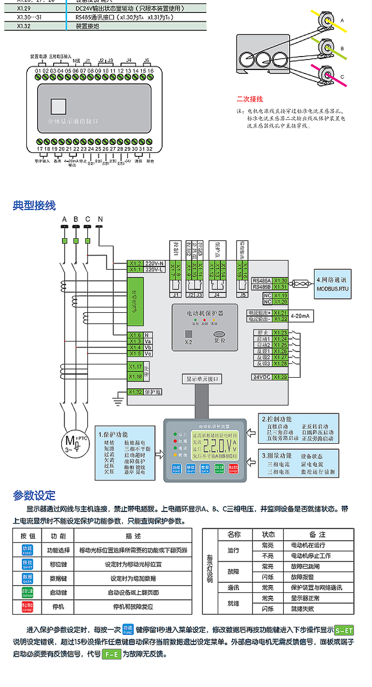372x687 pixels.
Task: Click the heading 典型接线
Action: pos(34,206)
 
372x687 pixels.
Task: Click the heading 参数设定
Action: pos(34,495)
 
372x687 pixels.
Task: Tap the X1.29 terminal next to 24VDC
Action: pos(281,377)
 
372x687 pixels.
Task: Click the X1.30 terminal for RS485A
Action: pos(281,280)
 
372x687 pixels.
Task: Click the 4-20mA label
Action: pos(301,316)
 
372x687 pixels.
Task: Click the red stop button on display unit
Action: pos(234,468)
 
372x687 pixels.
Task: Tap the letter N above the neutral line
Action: pos(100,219)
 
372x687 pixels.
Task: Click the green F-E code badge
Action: pos(112,654)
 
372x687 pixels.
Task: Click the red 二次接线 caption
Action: pos(249,99)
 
